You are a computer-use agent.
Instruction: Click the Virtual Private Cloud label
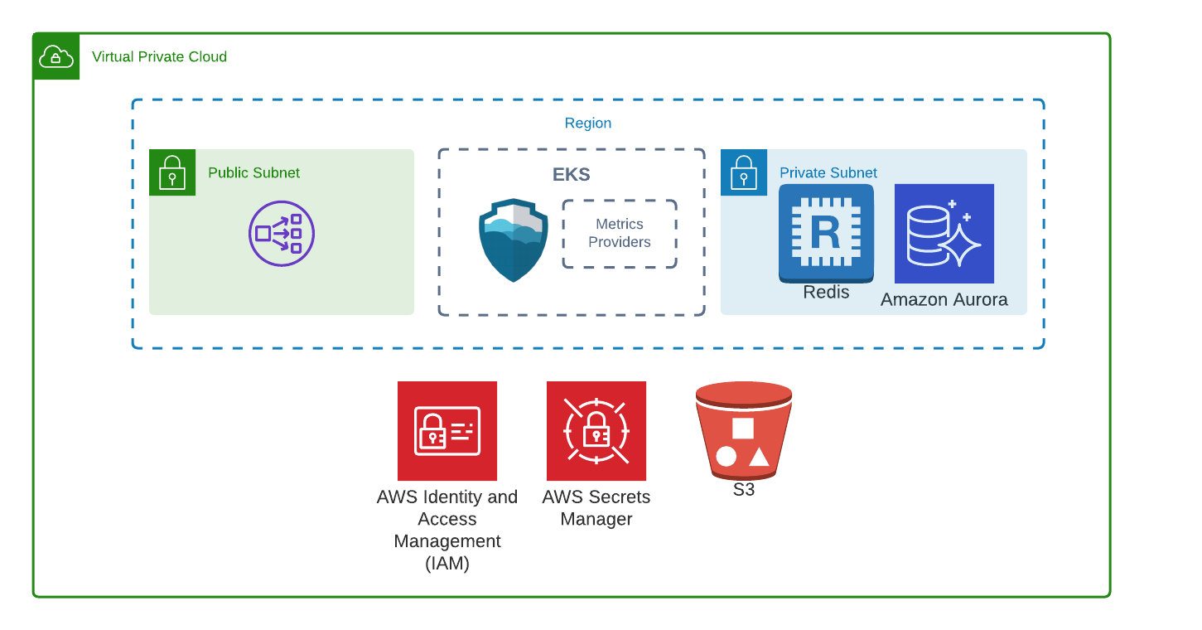tap(159, 57)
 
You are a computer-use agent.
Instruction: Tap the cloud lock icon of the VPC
tap(56, 57)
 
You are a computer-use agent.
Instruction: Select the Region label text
tap(588, 124)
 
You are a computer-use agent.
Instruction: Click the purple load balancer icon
tap(282, 233)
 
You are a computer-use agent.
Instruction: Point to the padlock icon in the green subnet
tap(172, 173)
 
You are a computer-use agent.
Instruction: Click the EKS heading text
tap(572, 175)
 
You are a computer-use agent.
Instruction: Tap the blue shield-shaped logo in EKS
tap(514, 240)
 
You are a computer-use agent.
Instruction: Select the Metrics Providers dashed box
tap(620, 234)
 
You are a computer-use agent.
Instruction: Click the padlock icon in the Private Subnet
tap(744, 173)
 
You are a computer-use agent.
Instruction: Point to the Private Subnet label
tap(828, 173)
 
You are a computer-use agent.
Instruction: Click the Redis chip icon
tap(826, 232)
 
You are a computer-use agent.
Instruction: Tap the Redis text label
tap(826, 292)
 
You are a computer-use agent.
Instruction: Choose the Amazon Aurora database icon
tap(944, 233)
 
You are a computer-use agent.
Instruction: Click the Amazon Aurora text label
tap(944, 300)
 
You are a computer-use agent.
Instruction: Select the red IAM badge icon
tap(447, 431)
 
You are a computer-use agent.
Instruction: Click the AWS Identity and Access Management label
tap(447, 530)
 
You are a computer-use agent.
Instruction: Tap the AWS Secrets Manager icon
tap(596, 431)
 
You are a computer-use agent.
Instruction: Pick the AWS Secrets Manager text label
tap(596, 508)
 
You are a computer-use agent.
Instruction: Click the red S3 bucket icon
tap(744, 430)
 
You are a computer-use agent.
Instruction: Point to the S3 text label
tap(744, 490)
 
